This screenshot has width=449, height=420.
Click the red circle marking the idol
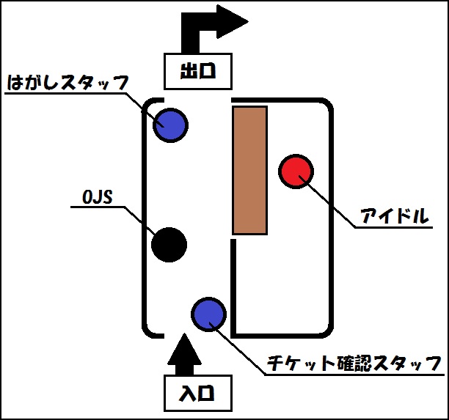point(296,172)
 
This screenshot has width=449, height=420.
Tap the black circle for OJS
point(169,245)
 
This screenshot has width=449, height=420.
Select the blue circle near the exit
point(170,125)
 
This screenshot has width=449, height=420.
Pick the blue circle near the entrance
point(209,314)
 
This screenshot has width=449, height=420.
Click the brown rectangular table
point(250,171)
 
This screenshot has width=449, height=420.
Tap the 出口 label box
point(198,71)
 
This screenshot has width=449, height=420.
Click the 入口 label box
point(198,393)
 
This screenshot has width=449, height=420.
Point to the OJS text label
point(98,197)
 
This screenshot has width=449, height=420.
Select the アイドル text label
point(395,215)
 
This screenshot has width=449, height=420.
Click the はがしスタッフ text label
point(67,83)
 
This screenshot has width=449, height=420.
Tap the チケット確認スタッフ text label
point(354,364)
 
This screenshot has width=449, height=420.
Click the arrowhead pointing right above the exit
point(233,21)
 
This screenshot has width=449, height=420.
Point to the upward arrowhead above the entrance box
point(184,349)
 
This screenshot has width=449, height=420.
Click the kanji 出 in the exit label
point(189,71)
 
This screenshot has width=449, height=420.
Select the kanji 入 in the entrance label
point(188,393)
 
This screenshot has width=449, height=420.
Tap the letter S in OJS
point(107,197)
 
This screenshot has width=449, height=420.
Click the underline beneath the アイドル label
point(394,227)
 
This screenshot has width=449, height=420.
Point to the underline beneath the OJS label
point(98,207)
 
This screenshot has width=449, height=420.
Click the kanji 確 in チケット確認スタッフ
point(345,364)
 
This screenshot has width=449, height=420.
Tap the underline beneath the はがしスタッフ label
point(65,93)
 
